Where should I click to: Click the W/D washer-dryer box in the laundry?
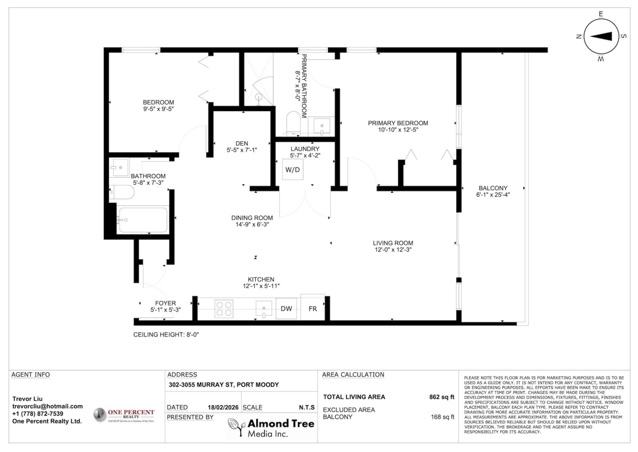click(292, 170)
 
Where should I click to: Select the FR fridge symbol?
click(313, 308)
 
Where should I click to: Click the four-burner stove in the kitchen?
click(224, 309)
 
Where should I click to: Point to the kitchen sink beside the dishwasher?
click(263, 308)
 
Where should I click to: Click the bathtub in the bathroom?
click(142, 220)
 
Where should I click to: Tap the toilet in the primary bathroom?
click(293, 122)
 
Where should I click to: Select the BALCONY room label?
click(493, 188)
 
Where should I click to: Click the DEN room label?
click(241, 143)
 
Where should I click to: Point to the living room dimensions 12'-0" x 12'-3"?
click(392, 249)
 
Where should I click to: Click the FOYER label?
click(165, 303)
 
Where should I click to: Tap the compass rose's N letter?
click(578, 36)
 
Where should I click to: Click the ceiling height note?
click(165, 334)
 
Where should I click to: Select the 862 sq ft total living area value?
click(441, 397)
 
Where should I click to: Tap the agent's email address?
click(47, 406)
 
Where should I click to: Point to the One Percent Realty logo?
click(124, 415)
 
